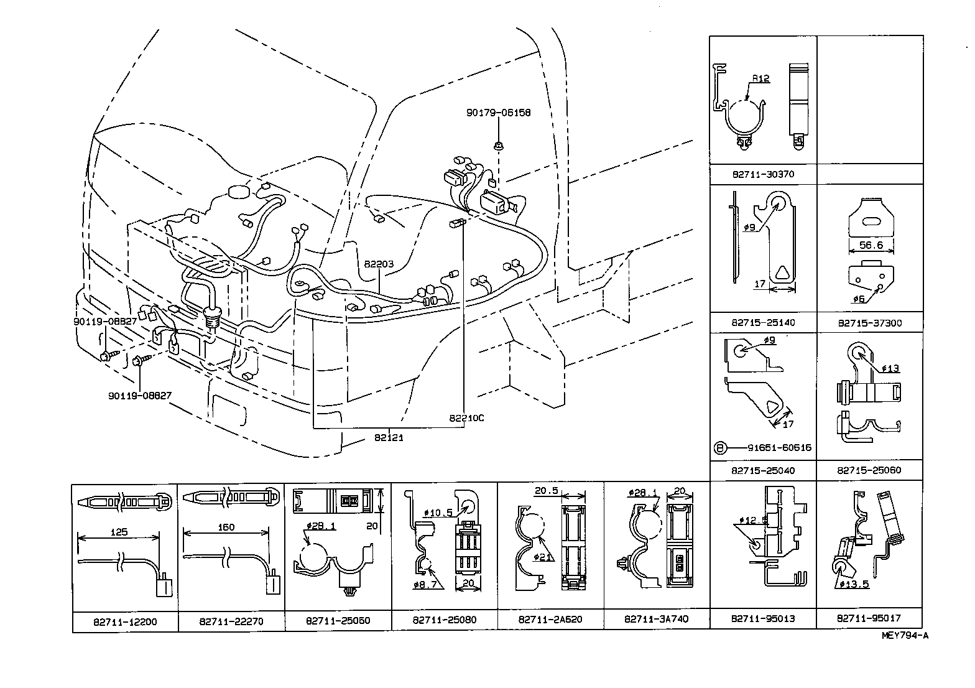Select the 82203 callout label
[379, 264]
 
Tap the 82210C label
[466, 418]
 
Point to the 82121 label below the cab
[389, 437]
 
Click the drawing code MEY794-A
[905, 635]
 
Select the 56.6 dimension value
[870, 245]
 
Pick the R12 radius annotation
[760, 79]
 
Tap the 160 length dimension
[226, 527]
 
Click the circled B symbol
[719, 447]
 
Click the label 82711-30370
[762, 174]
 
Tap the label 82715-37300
[869, 323]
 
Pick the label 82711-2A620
[550, 620]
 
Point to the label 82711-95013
[762, 618]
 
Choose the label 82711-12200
[125, 621]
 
